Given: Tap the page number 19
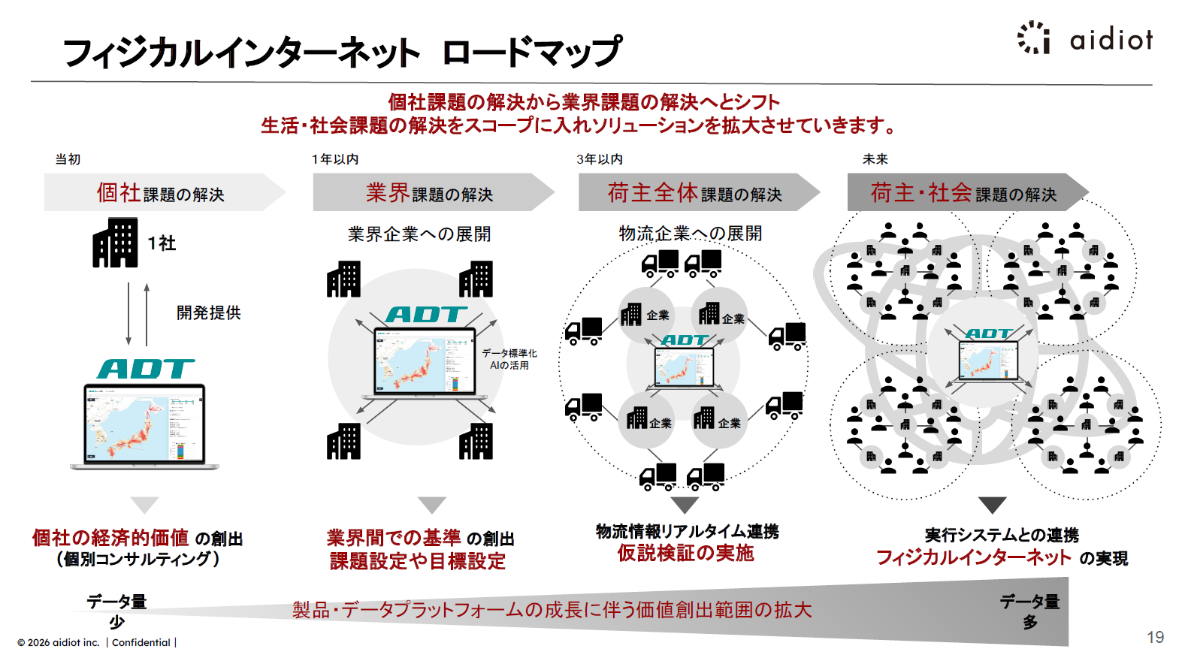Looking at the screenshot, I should tap(1155, 638).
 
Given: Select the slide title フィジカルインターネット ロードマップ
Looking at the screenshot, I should tap(343, 53).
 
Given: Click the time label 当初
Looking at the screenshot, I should tap(68, 159).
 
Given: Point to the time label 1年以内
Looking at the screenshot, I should tap(335, 159).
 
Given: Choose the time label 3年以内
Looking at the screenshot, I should tap(600, 159).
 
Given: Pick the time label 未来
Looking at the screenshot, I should tap(875, 159).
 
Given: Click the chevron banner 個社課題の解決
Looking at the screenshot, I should tap(160, 193).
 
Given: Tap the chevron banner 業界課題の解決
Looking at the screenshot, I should tap(429, 193).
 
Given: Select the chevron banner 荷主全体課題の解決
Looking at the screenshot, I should tap(694, 193).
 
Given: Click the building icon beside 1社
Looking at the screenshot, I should tap(115, 243).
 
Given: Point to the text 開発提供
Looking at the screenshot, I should tap(209, 312).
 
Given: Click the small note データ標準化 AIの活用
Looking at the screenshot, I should tap(509, 359).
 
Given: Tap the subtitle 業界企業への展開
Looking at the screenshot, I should tap(419, 234).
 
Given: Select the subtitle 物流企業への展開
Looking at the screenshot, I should tap(690, 234).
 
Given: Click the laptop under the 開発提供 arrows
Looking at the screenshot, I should tap(144, 426).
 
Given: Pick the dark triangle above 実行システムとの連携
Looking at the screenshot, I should tap(992, 505).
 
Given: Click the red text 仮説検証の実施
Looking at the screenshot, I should tap(685, 554).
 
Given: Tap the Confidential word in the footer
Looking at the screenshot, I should tap(141, 643).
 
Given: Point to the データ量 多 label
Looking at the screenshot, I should tap(1029, 611).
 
